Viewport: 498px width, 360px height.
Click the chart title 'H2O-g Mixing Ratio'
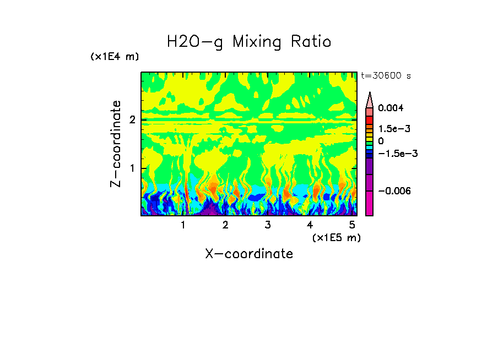(249, 42)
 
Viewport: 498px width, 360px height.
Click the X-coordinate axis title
(249, 254)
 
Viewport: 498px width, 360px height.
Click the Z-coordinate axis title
(116, 144)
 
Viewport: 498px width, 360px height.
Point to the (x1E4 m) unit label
(115, 57)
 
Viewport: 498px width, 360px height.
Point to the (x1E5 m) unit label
(336, 237)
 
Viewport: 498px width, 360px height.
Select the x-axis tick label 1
(183, 225)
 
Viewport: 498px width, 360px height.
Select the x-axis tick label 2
(225, 225)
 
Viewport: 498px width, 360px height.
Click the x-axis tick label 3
(268, 225)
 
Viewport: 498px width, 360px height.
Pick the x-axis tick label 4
(310, 225)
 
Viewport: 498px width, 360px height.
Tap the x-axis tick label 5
(352, 225)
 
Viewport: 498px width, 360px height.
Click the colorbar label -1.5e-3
(394, 154)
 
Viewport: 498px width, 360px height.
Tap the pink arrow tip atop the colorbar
(370, 100)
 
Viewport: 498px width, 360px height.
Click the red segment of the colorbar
(370, 120)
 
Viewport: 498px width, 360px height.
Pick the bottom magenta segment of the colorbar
(370, 203)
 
